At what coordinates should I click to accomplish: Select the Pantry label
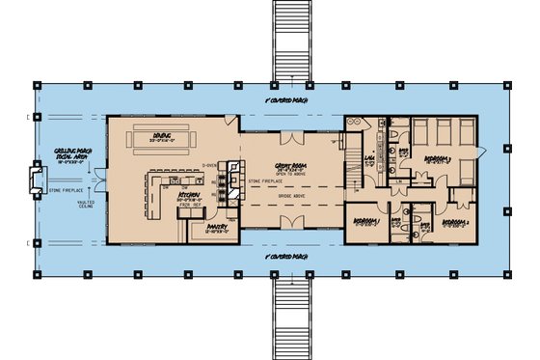click(x=216, y=228)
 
